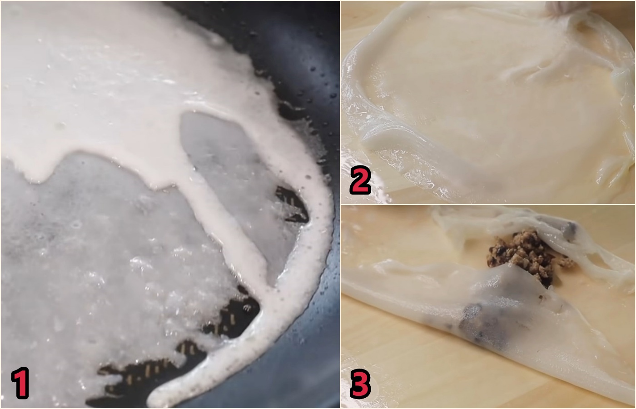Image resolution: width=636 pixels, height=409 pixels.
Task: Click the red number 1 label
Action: click(20, 383)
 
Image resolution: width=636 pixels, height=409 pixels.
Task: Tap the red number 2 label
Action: click(360, 180)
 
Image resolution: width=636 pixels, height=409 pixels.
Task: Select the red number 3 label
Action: click(360, 384)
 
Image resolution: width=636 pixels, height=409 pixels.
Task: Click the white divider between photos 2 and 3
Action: click(488, 204)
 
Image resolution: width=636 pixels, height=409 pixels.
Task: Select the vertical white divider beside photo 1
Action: click(340, 204)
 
